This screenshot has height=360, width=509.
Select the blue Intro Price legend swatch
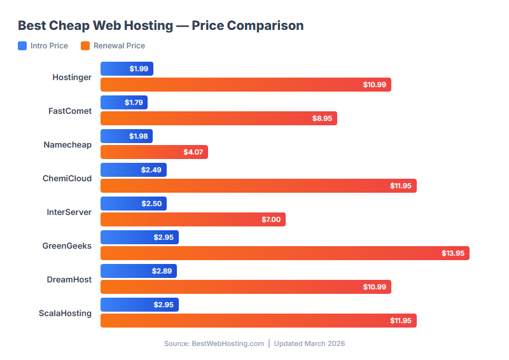22,46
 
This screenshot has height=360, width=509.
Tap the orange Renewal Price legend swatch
85,46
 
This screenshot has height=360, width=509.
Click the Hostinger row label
72,77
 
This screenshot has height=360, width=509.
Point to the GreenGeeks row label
67,246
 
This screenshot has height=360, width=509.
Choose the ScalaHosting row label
64,313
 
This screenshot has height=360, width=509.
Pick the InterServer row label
69,212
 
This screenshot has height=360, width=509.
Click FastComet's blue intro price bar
124,102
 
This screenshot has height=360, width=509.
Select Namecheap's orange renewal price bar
154,152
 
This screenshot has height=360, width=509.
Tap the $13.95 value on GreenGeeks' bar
453,253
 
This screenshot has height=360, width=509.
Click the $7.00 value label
270,219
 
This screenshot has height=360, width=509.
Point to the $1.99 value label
139,69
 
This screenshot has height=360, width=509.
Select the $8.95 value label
322,118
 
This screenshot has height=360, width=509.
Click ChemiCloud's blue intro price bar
134,170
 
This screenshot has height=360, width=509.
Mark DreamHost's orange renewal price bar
246,287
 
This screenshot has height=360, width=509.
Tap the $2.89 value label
162,271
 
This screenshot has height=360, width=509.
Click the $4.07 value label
193,152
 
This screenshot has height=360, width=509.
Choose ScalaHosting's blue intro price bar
139,305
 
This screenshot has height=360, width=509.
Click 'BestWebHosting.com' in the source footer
228,343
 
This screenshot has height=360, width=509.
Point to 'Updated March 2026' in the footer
309,343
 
